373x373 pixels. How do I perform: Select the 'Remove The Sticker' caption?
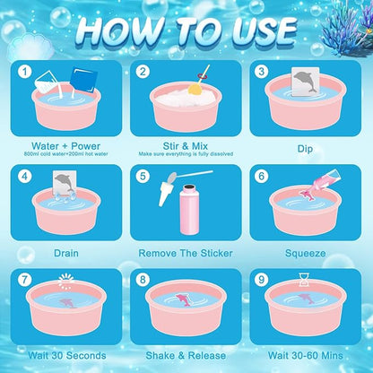click(x=186, y=252)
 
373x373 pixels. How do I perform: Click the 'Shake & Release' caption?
click(x=186, y=355)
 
